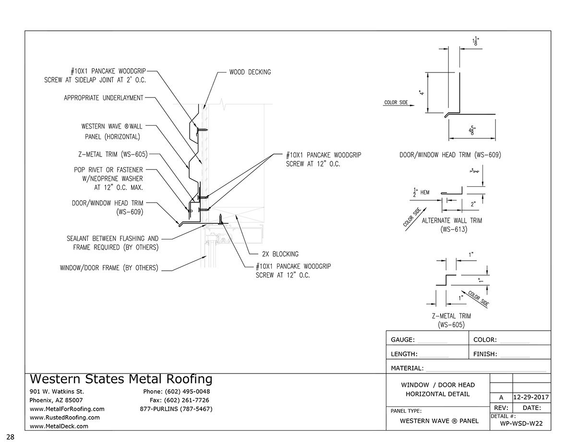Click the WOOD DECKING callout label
click(250, 72)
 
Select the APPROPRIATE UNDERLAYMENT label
click(103, 98)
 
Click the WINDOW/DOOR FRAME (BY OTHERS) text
click(109, 268)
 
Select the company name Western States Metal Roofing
click(121, 379)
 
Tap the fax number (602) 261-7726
click(187, 400)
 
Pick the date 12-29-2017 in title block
click(531, 397)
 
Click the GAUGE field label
click(403, 340)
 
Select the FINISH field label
click(485, 355)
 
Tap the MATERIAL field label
click(407, 369)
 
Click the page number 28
click(10, 436)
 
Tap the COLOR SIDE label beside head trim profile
click(396, 102)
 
